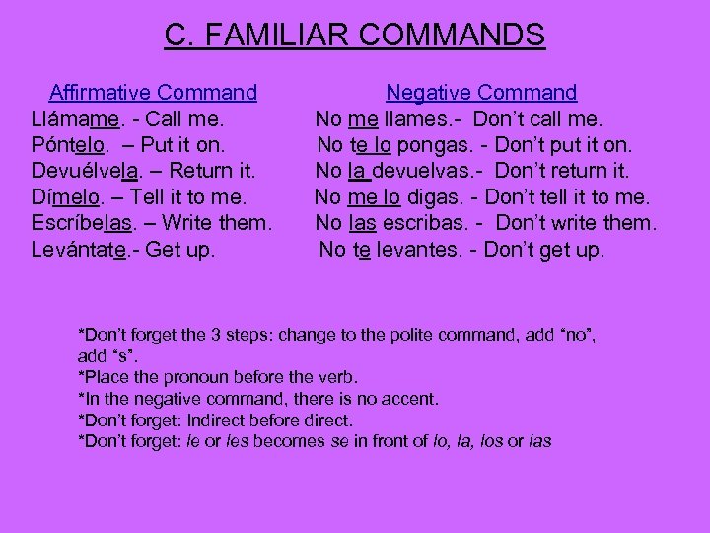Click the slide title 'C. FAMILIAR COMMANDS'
click(x=354, y=36)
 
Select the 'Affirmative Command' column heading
click(x=153, y=93)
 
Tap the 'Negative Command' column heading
click(x=481, y=93)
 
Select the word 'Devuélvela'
click(x=85, y=172)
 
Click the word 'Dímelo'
click(x=65, y=197)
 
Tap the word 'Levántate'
click(x=79, y=250)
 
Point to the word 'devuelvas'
click(x=427, y=172)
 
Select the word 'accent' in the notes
click(x=411, y=399)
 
